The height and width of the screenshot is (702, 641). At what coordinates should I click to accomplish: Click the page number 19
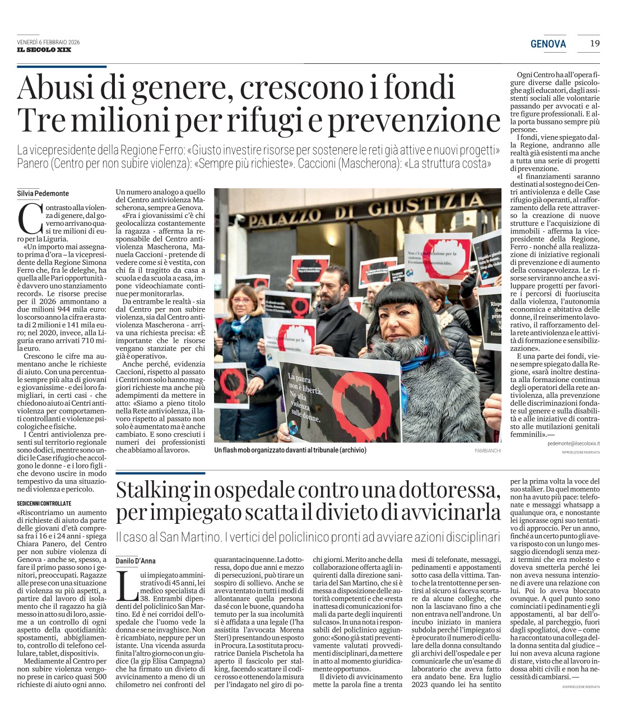pos(594,43)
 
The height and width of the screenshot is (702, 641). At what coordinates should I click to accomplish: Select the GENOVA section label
pos(548,44)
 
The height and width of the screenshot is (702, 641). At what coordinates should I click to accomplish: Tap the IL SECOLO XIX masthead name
pos(44,50)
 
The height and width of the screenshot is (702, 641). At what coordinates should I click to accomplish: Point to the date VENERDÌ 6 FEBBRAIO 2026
pos(48,42)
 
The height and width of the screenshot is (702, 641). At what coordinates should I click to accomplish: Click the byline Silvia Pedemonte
pos(43,193)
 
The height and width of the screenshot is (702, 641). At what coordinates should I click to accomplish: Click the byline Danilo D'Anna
pos(136,561)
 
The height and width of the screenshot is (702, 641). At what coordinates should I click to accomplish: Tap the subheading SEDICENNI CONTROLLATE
pos(44,504)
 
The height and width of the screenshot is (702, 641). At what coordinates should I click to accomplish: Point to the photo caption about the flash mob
pos(290,450)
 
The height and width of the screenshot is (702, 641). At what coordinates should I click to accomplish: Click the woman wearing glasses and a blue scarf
pos(243,314)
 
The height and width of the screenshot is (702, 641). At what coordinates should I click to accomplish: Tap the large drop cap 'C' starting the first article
pos(29,219)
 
